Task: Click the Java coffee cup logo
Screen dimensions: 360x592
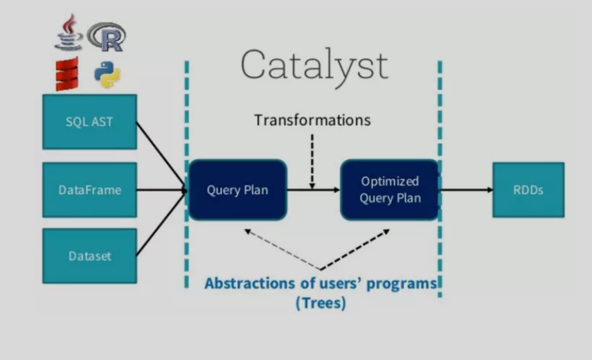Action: (69, 33)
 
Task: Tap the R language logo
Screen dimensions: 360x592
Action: (107, 36)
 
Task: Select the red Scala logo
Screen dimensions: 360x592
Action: (67, 74)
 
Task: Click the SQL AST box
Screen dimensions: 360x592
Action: (89, 122)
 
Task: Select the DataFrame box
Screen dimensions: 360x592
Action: (89, 190)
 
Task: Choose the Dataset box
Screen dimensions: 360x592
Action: (89, 255)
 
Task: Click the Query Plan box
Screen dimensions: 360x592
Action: (237, 190)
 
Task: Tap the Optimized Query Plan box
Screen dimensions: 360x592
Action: (390, 190)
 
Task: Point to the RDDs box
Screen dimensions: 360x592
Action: (528, 190)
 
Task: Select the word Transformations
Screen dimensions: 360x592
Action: (312, 120)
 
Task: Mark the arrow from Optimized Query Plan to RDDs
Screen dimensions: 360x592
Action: (466, 190)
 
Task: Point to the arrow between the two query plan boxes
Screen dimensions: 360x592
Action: (313, 190)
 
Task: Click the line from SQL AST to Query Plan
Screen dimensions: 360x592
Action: (161, 155)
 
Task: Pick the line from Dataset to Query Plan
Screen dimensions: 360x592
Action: (161, 223)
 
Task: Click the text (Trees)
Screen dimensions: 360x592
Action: (320, 303)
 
